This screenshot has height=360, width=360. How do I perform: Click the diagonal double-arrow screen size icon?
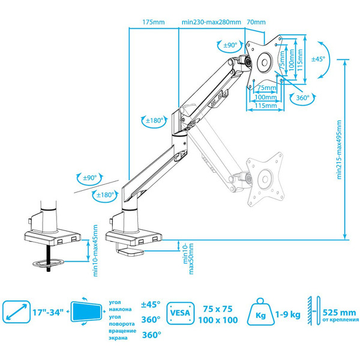click(15, 312)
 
